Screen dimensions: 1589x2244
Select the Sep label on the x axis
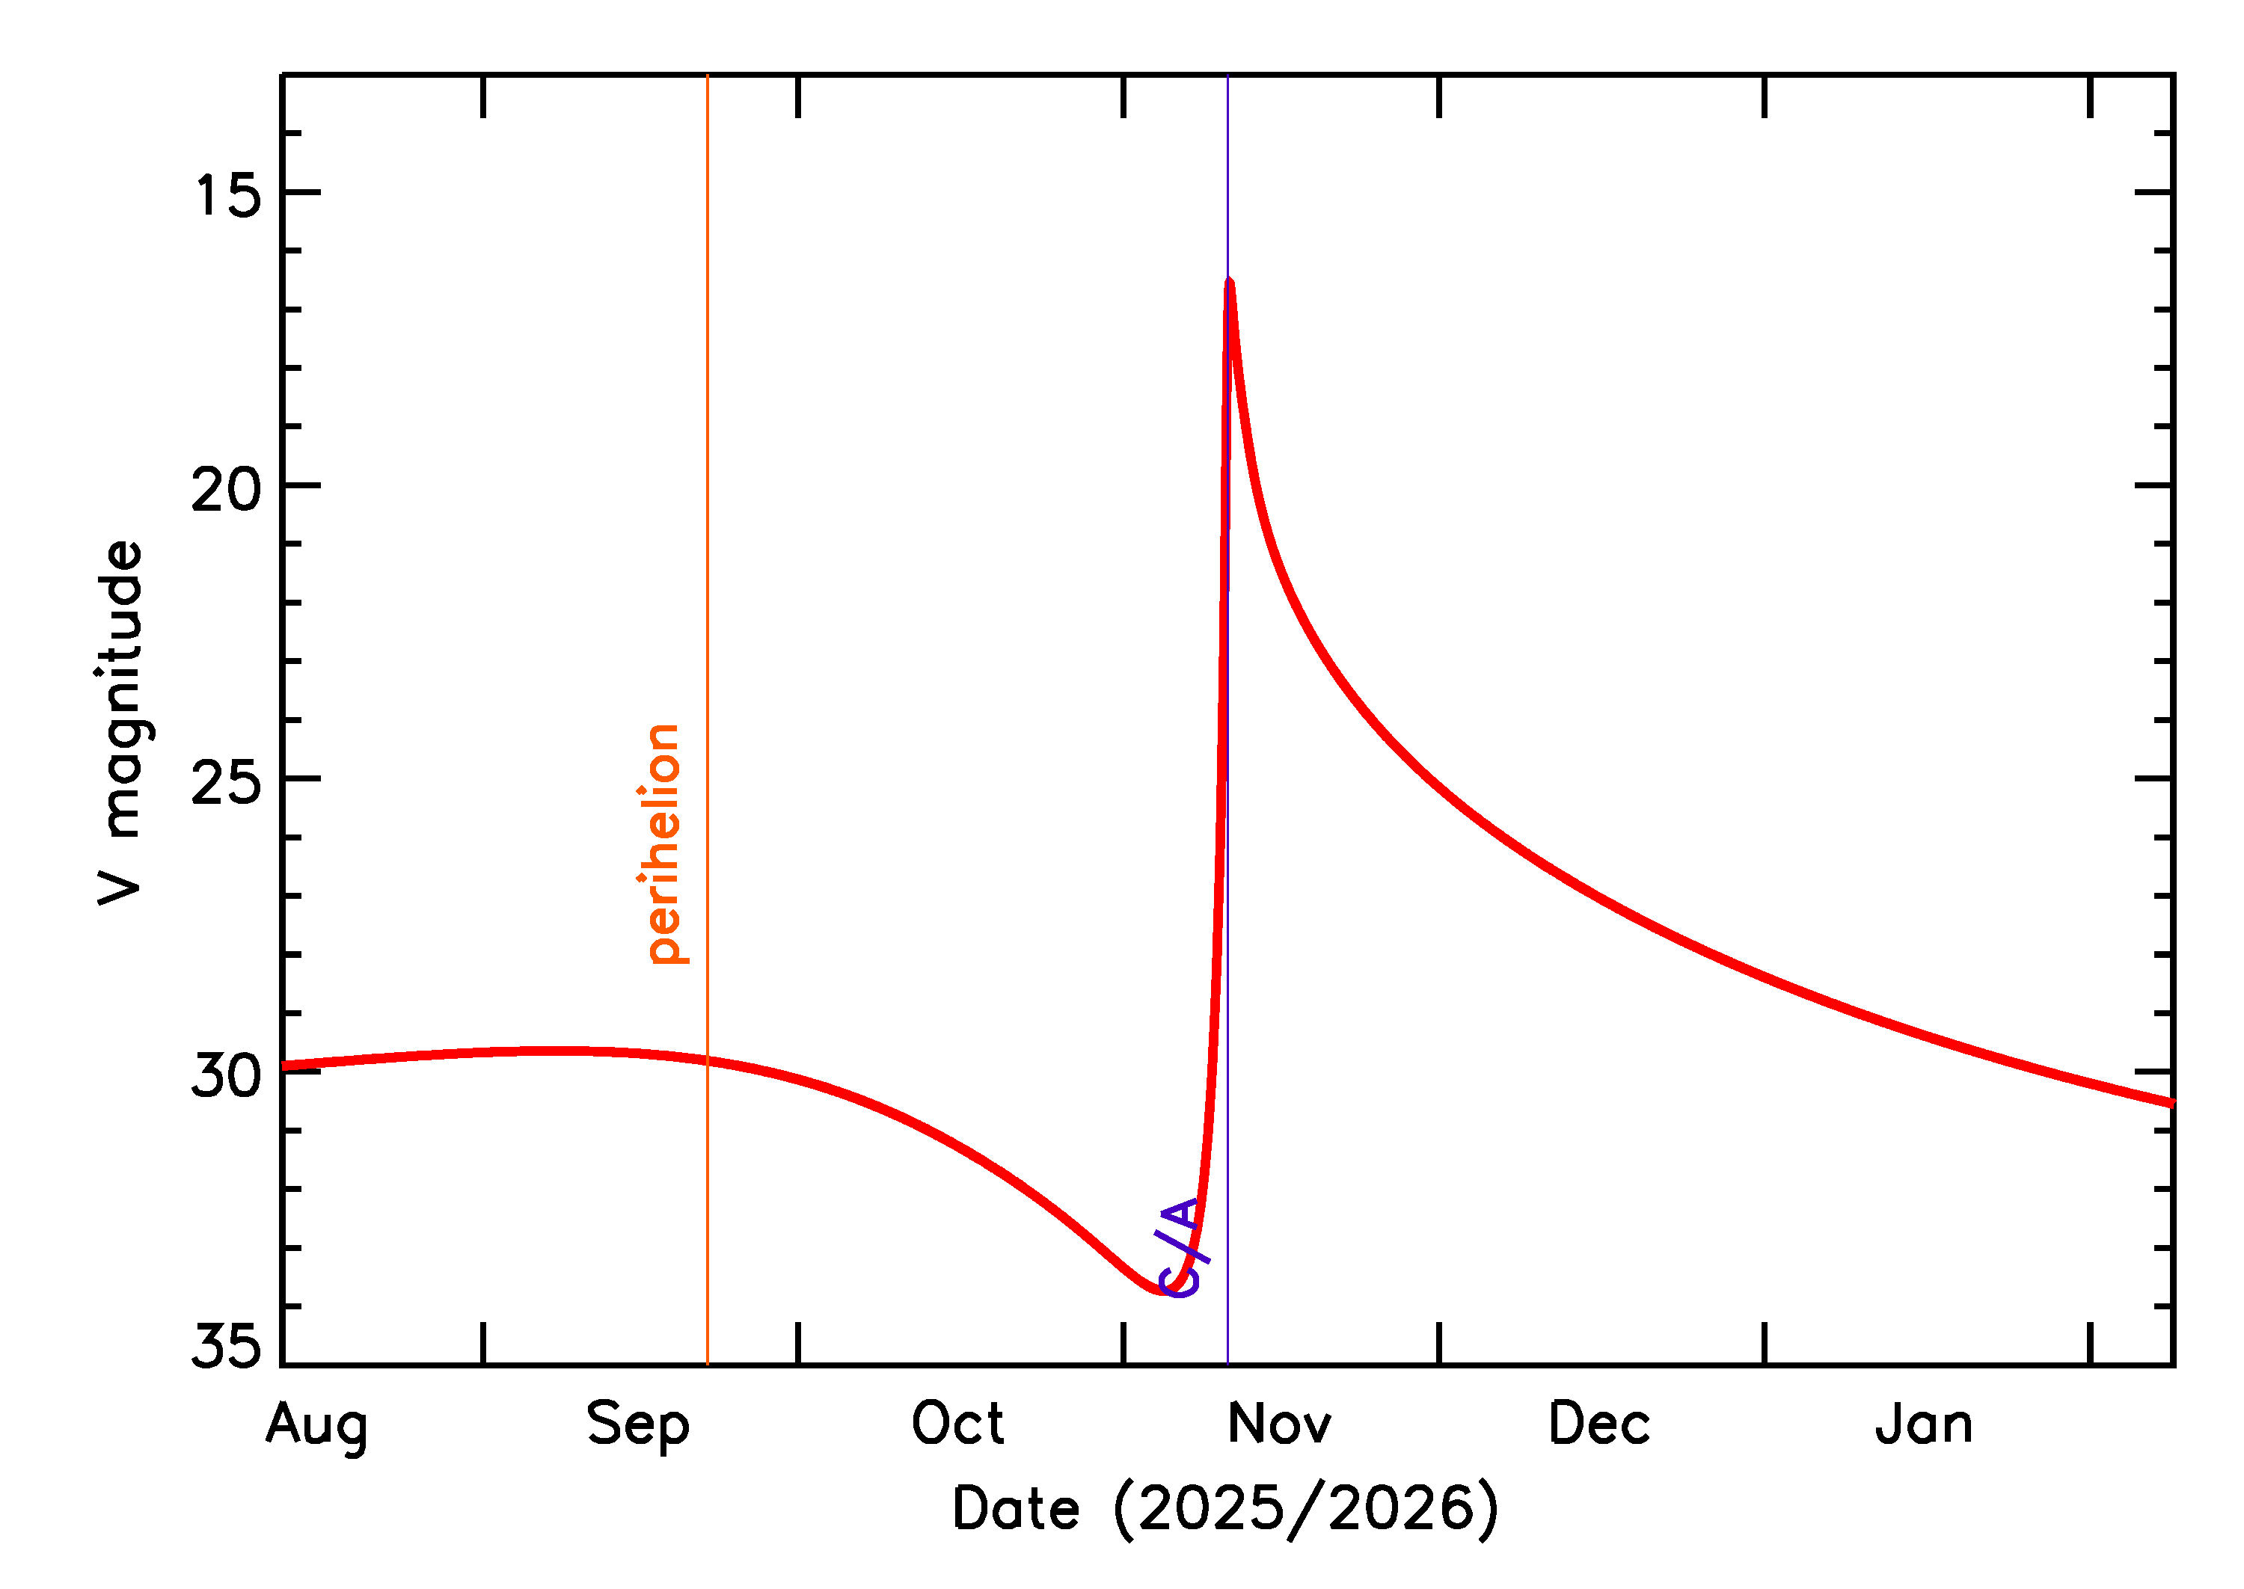(638, 1424)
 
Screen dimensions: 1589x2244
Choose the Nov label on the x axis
(1279, 1423)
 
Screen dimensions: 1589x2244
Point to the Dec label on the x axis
(1599, 1423)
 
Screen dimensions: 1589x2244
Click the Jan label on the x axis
(1924, 1423)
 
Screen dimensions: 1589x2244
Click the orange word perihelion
(664, 843)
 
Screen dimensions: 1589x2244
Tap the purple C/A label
(1181, 1247)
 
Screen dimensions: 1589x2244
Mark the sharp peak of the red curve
(1229, 282)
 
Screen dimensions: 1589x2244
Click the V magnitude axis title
(121, 723)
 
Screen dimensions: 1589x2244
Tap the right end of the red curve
(2171, 1103)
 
